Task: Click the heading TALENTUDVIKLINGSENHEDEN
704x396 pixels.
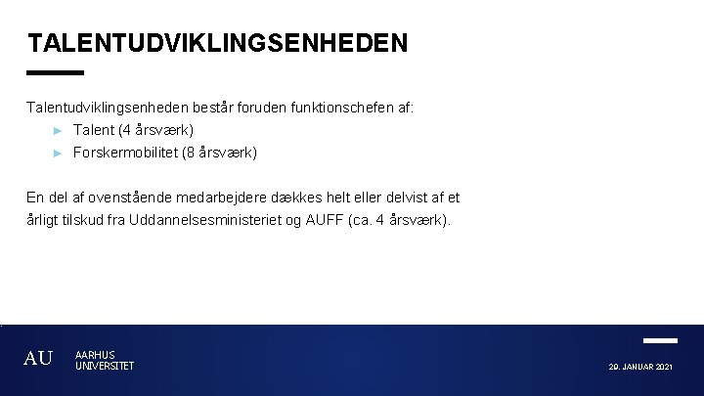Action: pos(217,44)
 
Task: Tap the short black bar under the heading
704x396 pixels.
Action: pos(56,72)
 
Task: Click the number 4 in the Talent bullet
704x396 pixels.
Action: pos(124,130)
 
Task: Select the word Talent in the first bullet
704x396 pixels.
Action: pos(93,130)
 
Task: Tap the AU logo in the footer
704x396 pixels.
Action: pos(38,359)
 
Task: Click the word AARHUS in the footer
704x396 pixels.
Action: pos(95,355)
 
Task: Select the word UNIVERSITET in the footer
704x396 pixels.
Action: pos(105,366)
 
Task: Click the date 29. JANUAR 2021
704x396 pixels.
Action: pos(640,367)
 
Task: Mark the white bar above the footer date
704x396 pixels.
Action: pos(661,340)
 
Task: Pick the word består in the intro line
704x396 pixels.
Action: pos(213,108)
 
